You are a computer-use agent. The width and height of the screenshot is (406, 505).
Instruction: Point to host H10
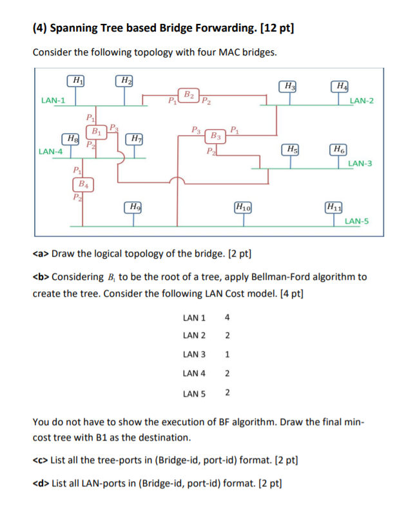click(x=244, y=207)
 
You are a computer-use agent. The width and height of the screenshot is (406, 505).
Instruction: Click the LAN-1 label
click(x=53, y=100)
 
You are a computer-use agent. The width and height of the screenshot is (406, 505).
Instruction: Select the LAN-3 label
click(x=360, y=164)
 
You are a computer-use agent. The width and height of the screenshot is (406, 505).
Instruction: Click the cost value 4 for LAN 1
click(x=227, y=317)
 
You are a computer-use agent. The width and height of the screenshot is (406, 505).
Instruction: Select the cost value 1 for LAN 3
click(x=227, y=355)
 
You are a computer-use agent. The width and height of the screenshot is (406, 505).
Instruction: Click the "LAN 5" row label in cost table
click(x=195, y=393)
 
